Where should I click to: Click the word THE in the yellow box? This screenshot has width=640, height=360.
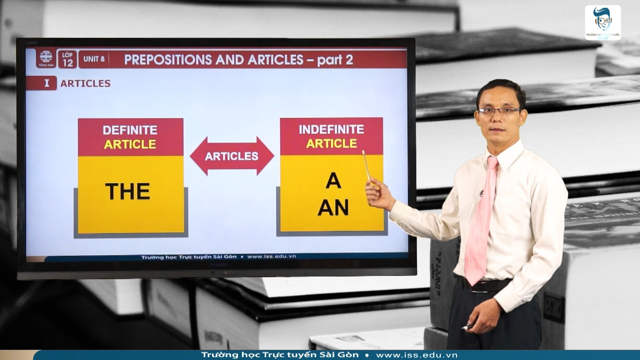click(128, 191)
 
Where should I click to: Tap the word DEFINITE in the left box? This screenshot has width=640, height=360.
click(130, 130)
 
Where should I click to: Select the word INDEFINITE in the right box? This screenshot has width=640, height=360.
click(331, 129)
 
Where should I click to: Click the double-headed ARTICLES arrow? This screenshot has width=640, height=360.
click(232, 156)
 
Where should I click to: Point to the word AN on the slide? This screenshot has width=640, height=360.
click(333, 207)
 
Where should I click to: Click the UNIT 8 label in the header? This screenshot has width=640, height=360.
click(94, 59)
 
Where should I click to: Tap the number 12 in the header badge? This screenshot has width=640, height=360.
click(68, 63)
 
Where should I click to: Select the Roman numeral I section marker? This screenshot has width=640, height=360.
click(47, 83)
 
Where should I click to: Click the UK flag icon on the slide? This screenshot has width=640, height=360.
click(46, 57)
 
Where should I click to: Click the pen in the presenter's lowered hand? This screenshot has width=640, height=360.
click(468, 327)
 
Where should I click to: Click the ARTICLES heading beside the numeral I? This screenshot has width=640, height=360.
click(85, 83)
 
